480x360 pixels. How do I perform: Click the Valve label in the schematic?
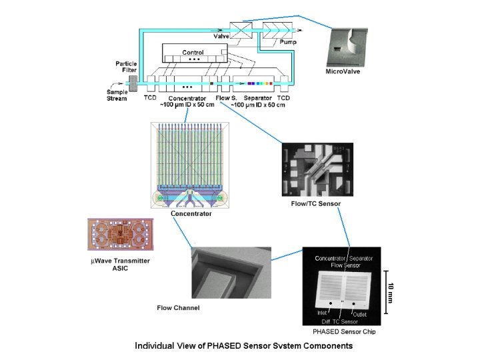coord(221,37)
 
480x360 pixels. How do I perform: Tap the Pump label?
coord(289,41)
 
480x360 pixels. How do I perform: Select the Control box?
coord(194,53)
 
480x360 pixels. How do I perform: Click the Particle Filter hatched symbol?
coord(133,84)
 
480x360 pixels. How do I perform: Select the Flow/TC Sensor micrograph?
coord(317,169)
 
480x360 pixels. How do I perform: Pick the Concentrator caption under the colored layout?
coord(191,213)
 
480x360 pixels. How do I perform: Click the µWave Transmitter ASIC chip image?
coord(120,238)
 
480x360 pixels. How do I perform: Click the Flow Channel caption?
coord(178,307)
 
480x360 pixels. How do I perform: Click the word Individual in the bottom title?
coord(155,345)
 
